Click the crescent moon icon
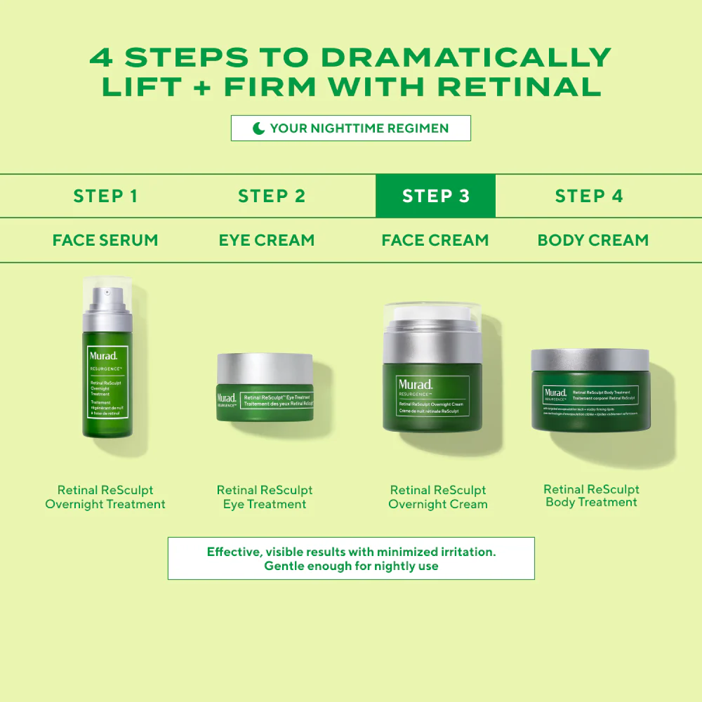coord(259,128)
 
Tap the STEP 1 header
coord(105,196)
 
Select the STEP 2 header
coord(272,196)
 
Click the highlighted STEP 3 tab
coord(435,196)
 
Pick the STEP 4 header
coord(589,196)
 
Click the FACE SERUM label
coord(105,240)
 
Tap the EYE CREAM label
coord(267,240)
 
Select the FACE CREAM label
coord(435,240)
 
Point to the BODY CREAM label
coord(593,240)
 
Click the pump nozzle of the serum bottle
coord(107,293)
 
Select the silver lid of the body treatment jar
coord(590,359)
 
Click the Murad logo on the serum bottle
coord(103,356)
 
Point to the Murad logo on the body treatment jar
coord(555,393)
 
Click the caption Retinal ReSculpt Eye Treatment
coord(265,497)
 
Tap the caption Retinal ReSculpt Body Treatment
coord(591,496)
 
